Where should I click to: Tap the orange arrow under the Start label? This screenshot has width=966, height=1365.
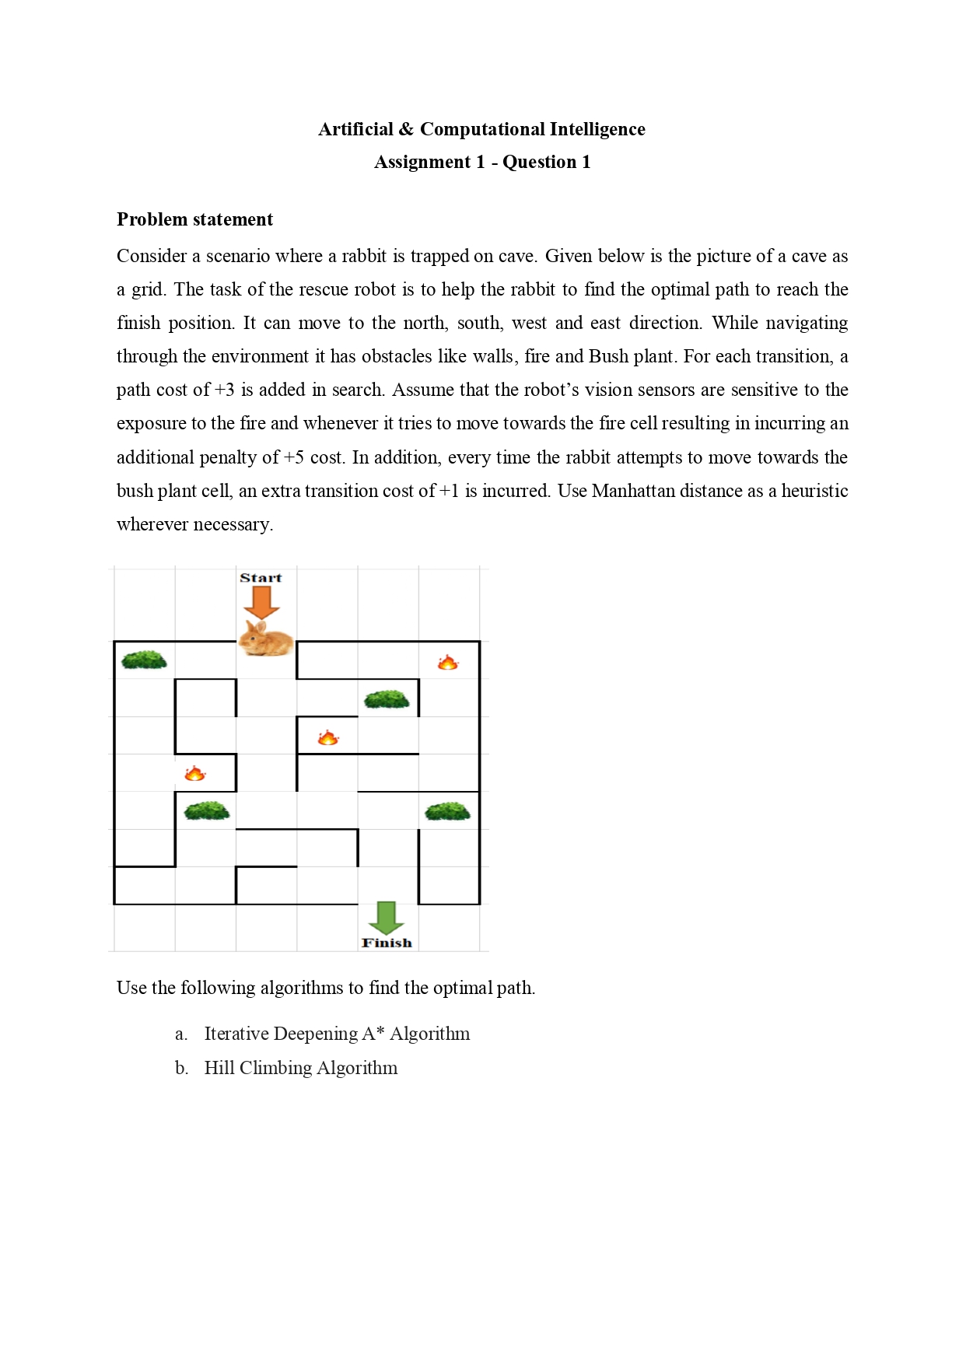[261, 602]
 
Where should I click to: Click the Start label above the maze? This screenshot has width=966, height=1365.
[261, 578]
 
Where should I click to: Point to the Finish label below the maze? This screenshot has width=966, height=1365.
[387, 943]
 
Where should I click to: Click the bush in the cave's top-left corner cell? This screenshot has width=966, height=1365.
[144, 660]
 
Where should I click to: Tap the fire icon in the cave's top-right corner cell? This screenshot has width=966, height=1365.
[447, 663]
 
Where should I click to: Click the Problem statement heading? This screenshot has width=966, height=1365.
[194, 219]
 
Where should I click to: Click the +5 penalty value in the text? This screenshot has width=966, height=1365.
[294, 457]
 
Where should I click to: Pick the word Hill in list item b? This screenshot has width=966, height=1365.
[219, 1068]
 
